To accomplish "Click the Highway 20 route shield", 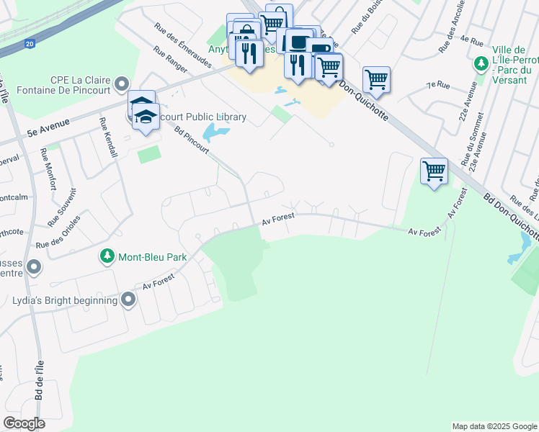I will pyautogui.click(x=29, y=44).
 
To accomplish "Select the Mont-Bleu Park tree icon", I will pyautogui.click(x=107, y=256).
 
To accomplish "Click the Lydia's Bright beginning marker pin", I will pyautogui.click(x=129, y=299).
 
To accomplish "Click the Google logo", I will pyautogui.click(x=24, y=423).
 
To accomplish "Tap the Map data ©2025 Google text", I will pyautogui.click(x=494, y=426).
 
